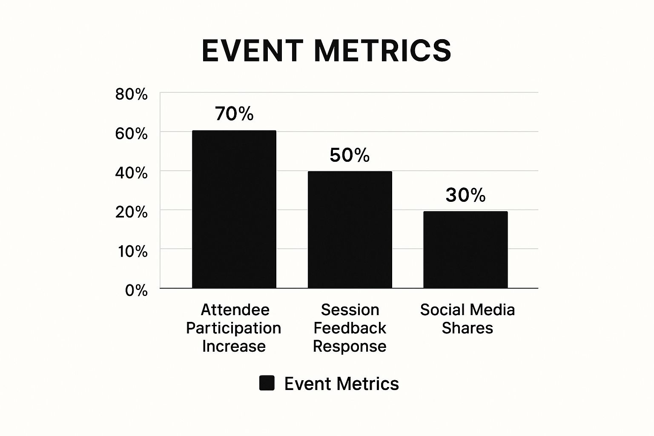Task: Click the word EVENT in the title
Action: pyautogui.click(x=252, y=51)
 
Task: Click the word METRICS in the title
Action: pyautogui.click(x=382, y=51)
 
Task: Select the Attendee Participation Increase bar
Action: pyautogui.click(x=234, y=209)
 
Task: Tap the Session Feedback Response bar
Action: pyautogui.click(x=350, y=229)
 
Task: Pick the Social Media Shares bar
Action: pyautogui.click(x=465, y=250)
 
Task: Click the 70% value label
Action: pyautogui.click(x=234, y=114)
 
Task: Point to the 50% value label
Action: pyautogui.click(x=350, y=155)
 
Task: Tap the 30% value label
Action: pyautogui.click(x=465, y=195)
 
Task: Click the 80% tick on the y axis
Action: pyautogui.click(x=131, y=95)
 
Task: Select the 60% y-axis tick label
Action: pyautogui.click(x=131, y=134)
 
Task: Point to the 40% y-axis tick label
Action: pyautogui.click(x=131, y=173)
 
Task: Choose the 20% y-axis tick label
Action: pyautogui.click(x=131, y=212)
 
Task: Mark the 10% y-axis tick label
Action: pyautogui.click(x=133, y=251)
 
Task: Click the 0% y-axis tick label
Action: pyautogui.click(x=136, y=290)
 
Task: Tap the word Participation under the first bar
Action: pyautogui.click(x=234, y=328)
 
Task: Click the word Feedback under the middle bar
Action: pyautogui.click(x=350, y=328)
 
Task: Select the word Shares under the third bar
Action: pyautogui.click(x=467, y=328)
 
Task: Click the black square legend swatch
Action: pyautogui.click(x=267, y=383)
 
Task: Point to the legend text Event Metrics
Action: pyautogui.click(x=341, y=384)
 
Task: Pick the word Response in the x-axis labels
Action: pyautogui.click(x=350, y=346)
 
